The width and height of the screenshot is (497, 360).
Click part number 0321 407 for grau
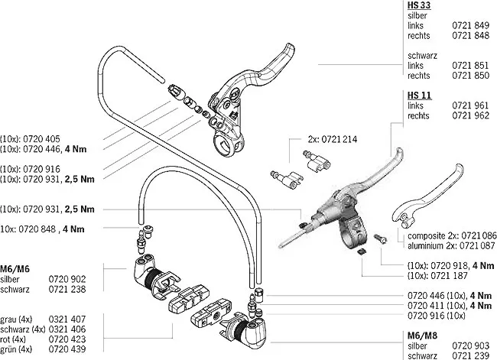(x=62, y=319)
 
